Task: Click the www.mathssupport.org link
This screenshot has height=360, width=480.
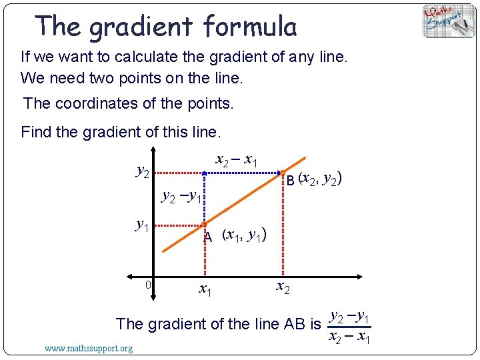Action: tap(88, 348)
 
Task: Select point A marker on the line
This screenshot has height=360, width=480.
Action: tap(205, 225)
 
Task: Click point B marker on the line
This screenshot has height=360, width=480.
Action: tap(283, 172)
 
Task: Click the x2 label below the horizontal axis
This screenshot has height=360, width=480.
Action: tap(283, 287)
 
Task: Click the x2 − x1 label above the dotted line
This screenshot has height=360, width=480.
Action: tap(237, 160)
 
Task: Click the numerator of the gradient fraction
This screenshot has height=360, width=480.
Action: tap(351, 316)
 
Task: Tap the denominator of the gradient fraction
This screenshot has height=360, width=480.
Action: tap(351, 337)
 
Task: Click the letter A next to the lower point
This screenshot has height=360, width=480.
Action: tap(208, 237)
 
